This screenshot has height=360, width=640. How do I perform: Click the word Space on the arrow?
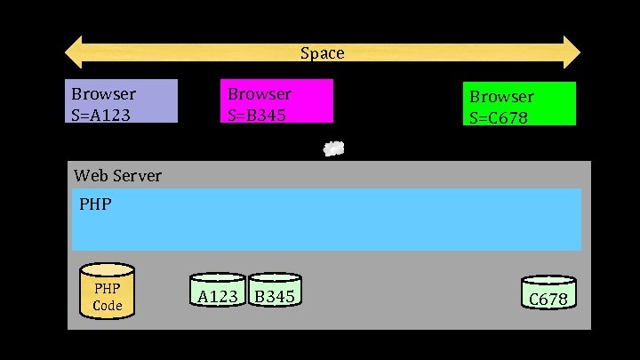pyautogui.click(x=322, y=53)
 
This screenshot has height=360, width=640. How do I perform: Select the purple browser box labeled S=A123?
pyautogui.click(x=124, y=100)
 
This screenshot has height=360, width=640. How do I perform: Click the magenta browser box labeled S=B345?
pyautogui.click(x=276, y=100)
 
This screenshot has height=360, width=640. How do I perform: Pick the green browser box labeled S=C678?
pyautogui.click(x=520, y=104)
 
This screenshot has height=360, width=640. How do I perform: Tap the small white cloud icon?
pyautogui.click(x=333, y=148)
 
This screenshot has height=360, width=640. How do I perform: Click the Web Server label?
pyautogui.click(x=118, y=175)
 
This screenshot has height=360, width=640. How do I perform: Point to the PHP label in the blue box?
pyautogui.click(x=95, y=204)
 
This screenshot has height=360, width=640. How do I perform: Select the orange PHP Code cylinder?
pyautogui.click(x=107, y=290)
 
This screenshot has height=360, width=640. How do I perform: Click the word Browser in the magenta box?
pyautogui.click(x=260, y=93)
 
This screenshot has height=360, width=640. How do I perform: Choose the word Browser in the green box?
pyautogui.click(x=501, y=97)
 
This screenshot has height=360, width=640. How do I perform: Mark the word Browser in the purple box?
pyautogui.click(x=104, y=93)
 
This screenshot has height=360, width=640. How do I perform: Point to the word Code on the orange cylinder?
pyautogui.click(x=107, y=306)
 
